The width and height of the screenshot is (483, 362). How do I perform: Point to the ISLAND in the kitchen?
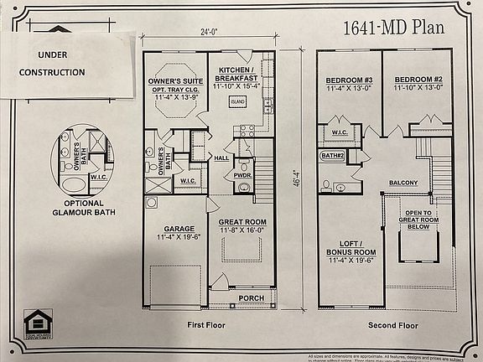click(x=239, y=101)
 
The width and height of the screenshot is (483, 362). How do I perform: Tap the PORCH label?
click(x=251, y=297)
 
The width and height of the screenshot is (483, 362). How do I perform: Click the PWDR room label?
click(x=244, y=175)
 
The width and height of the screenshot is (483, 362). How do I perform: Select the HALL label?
click(x=221, y=158)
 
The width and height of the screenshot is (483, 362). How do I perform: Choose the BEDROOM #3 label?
click(x=348, y=85)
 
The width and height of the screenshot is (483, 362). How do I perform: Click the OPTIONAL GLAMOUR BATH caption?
click(x=83, y=208)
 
